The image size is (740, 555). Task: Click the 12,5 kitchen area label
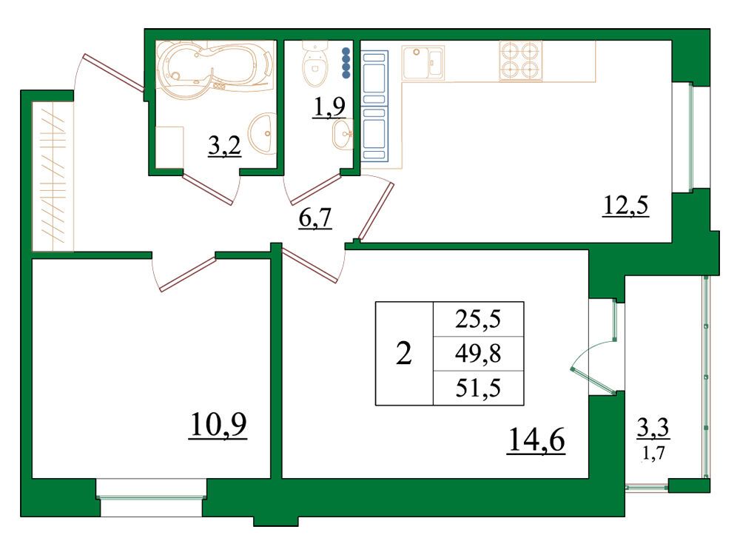pyautogui.click(x=626, y=206)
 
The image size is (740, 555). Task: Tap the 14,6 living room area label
pyautogui.click(x=536, y=440)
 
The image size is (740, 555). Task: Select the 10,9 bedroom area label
pyautogui.click(x=218, y=425)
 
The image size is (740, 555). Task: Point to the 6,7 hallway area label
pyautogui.click(x=315, y=218)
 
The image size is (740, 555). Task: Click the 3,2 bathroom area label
pyautogui.click(x=225, y=146)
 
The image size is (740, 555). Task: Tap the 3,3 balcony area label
pyautogui.click(x=653, y=428)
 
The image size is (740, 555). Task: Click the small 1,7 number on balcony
pyautogui.click(x=653, y=453)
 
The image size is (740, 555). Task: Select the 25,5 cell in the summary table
pyautogui.click(x=478, y=320)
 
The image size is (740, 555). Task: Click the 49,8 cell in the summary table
pyautogui.click(x=478, y=354)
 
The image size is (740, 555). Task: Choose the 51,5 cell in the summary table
pyautogui.click(x=478, y=388)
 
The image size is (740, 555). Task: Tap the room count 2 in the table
pyautogui.click(x=404, y=354)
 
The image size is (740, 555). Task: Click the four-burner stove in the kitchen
pyautogui.click(x=520, y=61)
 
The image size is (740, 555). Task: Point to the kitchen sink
pyautogui.click(x=423, y=62)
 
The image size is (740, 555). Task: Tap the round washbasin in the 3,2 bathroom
pyautogui.click(x=263, y=133)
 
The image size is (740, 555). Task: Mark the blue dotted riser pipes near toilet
pyautogui.click(x=346, y=62)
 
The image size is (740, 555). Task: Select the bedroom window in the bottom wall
pyautogui.click(x=151, y=497)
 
